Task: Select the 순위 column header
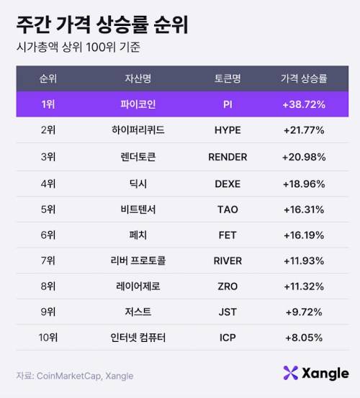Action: pyautogui.click(x=49, y=78)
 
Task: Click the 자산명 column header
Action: pyautogui.click(x=140, y=78)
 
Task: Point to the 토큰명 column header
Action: pyautogui.click(x=228, y=78)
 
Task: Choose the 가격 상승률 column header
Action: pyautogui.click(x=303, y=78)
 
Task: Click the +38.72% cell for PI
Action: pyautogui.click(x=303, y=104)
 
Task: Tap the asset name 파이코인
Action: pyautogui.click(x=140, y=104)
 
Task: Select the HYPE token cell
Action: pyautogui.click(x=228, y=130)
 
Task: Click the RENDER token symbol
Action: pyautogui.click(x=228, y=157)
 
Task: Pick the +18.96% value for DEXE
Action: pyautogui.click(x=303, y=183)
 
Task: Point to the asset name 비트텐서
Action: pyautogui.click(x=140, y=209)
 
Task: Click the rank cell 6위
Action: pyautogui.click(x=49, y=235)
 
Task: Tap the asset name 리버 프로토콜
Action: pyautogui.click(x=140, y=261)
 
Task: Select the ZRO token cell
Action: pyautogui.click(x=228, y=286)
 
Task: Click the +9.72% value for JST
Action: pyautogui.click(x=303, y=312)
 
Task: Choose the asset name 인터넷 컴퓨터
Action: pyautogui.click(x=140, y=338)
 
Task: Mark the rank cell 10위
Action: pyautogui.click(x=49, y=338)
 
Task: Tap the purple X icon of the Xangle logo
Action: pyautogui.click(x=290, y=373)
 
